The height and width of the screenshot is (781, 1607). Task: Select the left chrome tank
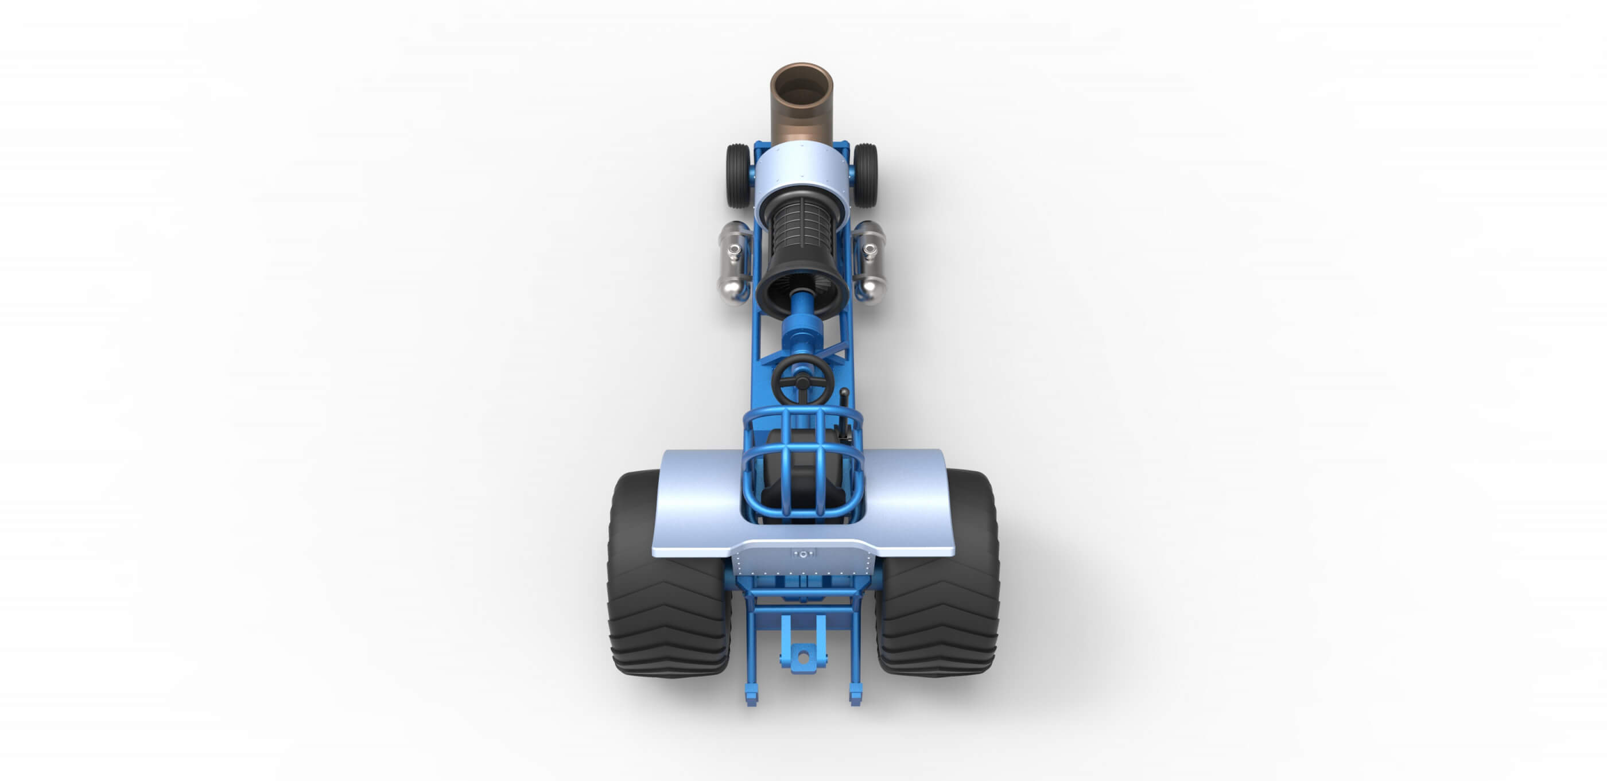pyautogui.click(x=733, y=262)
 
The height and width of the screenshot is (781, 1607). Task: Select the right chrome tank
pyautogui.click(x=870, y=262)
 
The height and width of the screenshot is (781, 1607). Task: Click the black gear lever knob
pyautogui.click(x=844, y=394)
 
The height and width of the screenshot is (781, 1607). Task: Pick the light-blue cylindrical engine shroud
pyautogui.click(x=802, y=172)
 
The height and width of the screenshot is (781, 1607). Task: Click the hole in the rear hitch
pyautogui.click(x=803, y=656)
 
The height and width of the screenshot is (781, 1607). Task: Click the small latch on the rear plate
pyautogui.click(x=803, y=553)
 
